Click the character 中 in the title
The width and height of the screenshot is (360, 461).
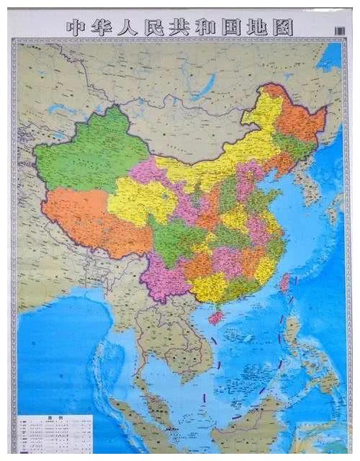click(x=76, y=27)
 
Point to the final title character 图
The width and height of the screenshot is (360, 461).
click(x=282, y=27)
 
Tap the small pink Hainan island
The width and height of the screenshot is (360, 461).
click(x=215, y=317)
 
